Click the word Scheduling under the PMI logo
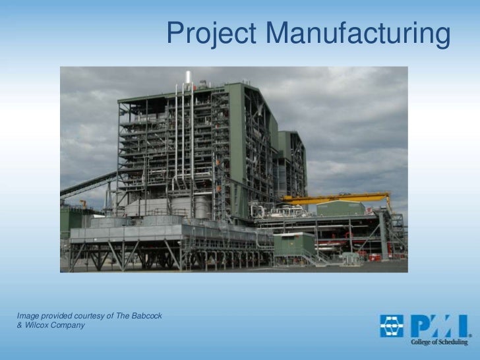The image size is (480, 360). [x=454, y=342]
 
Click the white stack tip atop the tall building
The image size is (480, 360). [x=188, y=77]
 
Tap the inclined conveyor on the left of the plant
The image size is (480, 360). [x=89, y=184]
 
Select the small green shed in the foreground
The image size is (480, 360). [x=294, y=245]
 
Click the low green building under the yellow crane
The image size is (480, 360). [x=340, y=209]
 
